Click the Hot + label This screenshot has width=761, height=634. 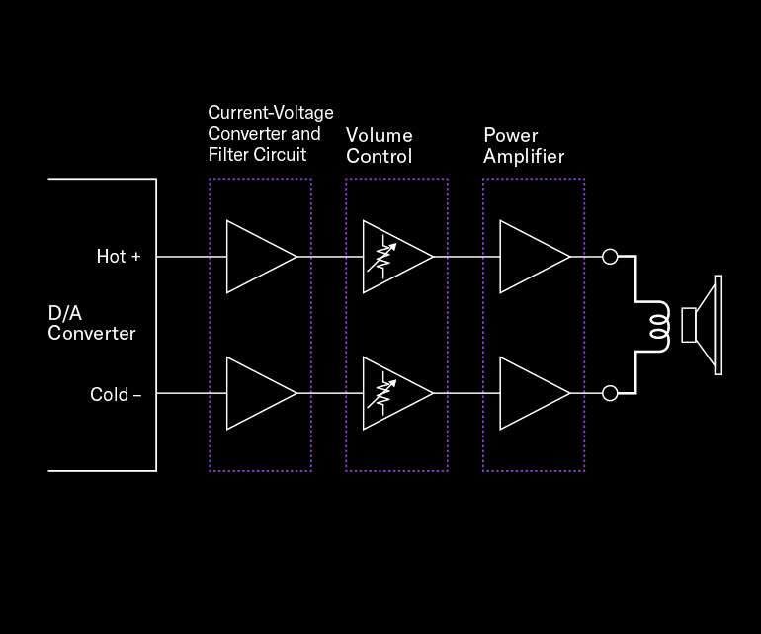[119, 257]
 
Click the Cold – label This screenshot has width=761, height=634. [116, 395]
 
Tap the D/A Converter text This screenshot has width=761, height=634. [91, 323]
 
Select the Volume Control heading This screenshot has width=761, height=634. [380, 145]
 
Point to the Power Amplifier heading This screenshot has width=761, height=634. [524, 145]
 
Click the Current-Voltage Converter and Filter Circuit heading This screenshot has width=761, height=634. [270, 133]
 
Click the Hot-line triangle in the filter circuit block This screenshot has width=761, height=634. [256, 257]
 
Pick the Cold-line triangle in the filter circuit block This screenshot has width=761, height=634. [256, 393]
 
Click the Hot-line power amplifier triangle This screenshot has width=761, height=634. [531, 257]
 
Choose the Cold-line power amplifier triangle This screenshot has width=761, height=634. [531, 393]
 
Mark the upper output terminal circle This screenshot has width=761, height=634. [610, 257]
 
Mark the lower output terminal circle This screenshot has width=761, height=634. [610, 393]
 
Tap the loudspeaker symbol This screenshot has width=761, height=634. [704, 325]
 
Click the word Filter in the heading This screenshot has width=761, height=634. [226, 155]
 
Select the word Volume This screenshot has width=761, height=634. [380, 135]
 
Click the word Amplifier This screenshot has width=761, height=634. [524, 156]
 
